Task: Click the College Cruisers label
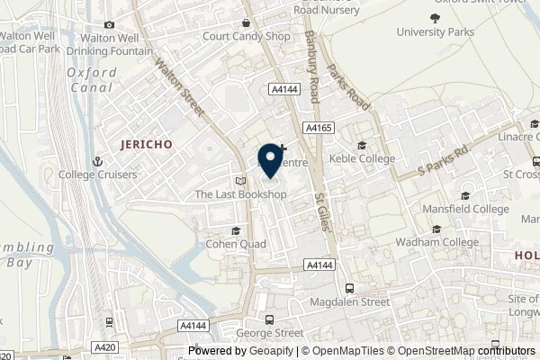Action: point(60,174)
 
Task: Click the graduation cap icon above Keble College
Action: point(362,146)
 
